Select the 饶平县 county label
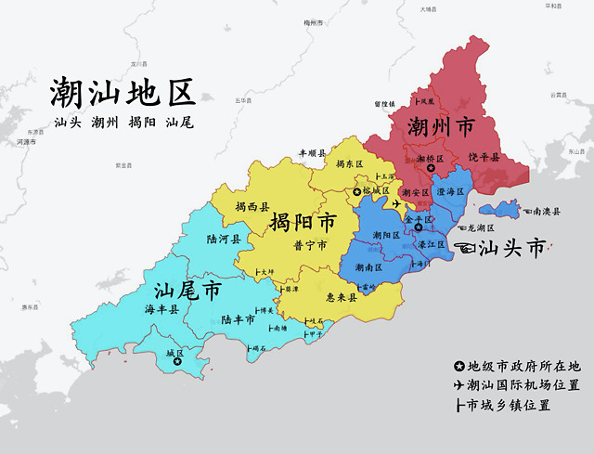coord(484,157)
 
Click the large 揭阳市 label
coord(303,223)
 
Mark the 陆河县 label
coord(223,239)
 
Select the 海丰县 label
coord(161,308)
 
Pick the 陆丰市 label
coord(238,318)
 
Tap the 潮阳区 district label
coord(384,236)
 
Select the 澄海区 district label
coord(449,192)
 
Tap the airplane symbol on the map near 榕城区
coord(398,203)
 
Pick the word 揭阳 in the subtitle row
coord(142,123)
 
